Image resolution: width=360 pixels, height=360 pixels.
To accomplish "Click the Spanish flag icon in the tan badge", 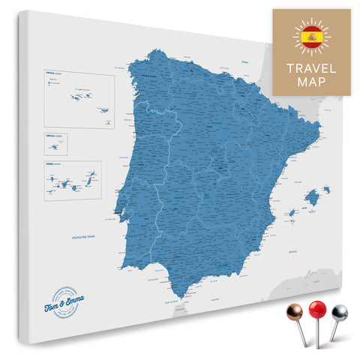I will tap(310, 37).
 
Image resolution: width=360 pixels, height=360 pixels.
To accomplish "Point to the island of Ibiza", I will tap(292, 214).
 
